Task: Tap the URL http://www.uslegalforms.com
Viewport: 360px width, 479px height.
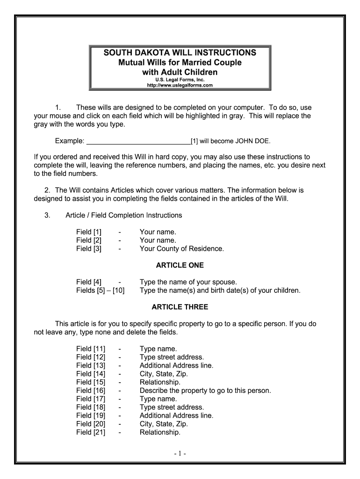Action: pyautogui.click(x=180, y=86)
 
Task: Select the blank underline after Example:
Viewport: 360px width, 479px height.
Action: pyautogui.click(x=139, y=141)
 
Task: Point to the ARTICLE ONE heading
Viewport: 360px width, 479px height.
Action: pyautogui.click(x=180, y=265)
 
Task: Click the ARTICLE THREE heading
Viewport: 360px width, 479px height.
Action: pyautogui.click(x=180, y=307)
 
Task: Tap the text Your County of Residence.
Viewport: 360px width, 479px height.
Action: pyautogui.click(x=182, y=249)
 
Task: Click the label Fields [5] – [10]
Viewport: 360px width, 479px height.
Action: pyautogui.click(x=100, y=290)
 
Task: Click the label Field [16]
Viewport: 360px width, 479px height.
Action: pyautogui.click(x=91, y=391)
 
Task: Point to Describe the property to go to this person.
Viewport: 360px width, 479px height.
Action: pyautogui.click(x=205, y=391)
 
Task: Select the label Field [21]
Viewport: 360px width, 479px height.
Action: pyautogui.click(x=91, y=432)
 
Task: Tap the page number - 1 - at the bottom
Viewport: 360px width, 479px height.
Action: pyautogui.click(x=180, y=454)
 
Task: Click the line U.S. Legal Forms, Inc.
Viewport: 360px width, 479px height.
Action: pyautogui.click(x=180, y=80)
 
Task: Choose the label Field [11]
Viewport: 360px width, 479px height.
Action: pyautogui.click(x=91, y=349)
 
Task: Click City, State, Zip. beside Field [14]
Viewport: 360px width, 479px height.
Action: pyautogui.click(x=164, y=374)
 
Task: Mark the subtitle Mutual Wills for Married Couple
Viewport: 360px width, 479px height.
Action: pyautogui.click(x=180, y=62)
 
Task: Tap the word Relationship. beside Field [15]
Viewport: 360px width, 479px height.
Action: pyautogui.click(x=160, y=382)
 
